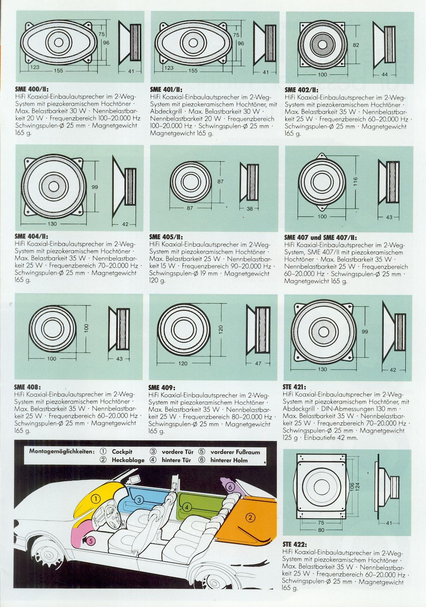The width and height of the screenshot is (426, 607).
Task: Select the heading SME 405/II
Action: point(166,237)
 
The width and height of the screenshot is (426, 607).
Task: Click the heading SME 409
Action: point(162,388)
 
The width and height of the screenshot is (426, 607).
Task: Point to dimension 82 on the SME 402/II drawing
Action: point(356,45)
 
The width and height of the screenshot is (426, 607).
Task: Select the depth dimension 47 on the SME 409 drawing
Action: point(258,363)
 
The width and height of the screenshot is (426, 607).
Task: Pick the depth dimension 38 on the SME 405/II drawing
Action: point(249,208)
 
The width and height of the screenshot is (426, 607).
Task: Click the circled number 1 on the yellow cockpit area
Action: point(97,499)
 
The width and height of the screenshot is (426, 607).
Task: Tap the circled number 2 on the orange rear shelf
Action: point(250,517)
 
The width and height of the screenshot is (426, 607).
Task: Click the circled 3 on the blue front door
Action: point(139,500)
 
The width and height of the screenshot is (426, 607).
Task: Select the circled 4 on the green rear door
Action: point(187,507)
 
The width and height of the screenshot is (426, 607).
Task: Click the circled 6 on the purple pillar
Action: point(230,487)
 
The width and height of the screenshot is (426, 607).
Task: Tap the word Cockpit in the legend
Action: point(122,452)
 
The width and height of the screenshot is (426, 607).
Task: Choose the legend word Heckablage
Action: point(128,460)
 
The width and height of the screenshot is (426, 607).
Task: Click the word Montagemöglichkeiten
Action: point(62,451)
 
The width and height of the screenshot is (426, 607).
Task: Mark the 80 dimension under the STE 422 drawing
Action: point(321,530)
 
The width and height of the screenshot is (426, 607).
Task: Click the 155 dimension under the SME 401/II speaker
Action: point(193,70)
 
